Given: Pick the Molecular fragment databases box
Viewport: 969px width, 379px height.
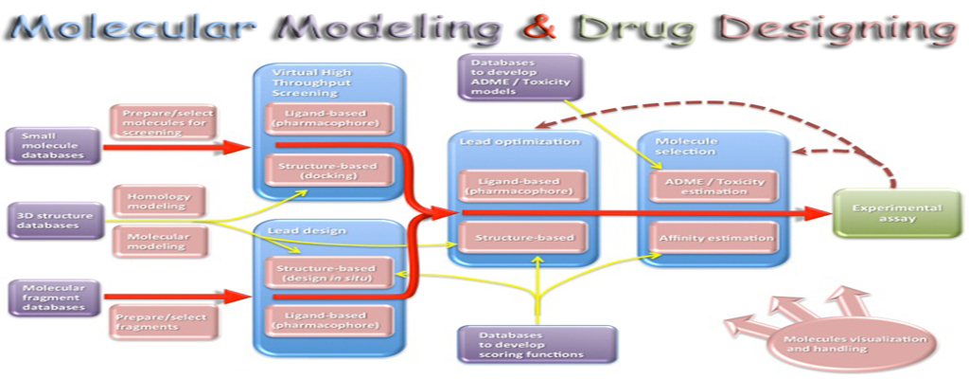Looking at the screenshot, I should click(x=52, y=297).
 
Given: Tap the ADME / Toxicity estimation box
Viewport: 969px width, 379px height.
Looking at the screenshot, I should click(x=714, y=185).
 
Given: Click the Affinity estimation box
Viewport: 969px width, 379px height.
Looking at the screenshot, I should click(x=714, y=238).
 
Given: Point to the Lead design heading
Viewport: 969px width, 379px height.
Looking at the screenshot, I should click(x=296, y=230).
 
